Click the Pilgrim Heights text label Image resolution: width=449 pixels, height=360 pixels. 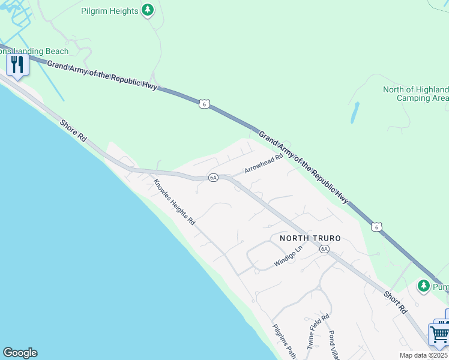tap(110, 11)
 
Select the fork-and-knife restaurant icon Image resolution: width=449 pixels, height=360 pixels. tap(17, 64)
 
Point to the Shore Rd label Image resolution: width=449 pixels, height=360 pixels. tap(74, 130)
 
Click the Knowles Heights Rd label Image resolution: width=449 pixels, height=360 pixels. tap(174, 202)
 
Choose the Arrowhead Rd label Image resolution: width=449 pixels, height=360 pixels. tap(263, 164)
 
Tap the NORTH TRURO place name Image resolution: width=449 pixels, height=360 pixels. tap(310, 238)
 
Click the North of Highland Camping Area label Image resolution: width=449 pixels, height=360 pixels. tap(415, 94)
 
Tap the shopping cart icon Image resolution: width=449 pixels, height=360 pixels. tap(439, 334)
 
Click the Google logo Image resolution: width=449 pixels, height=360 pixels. tap(20, 353)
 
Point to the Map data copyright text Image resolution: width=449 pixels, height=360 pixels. tap(424, 355)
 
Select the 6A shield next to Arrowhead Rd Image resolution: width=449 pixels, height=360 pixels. tap(213, 178)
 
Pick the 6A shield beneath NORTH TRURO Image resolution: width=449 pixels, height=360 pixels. tap(324, 248)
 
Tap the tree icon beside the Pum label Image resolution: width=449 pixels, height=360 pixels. tap(424, 285)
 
